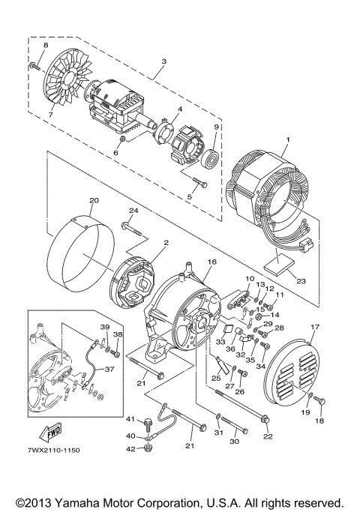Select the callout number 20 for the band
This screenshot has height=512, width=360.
(94, 202)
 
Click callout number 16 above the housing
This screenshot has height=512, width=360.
(211, 262)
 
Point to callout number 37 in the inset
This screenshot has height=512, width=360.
(109, 369)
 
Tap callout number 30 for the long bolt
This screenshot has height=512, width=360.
(233, 442)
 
